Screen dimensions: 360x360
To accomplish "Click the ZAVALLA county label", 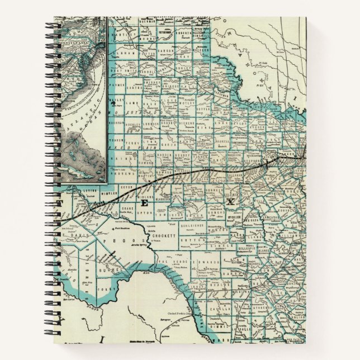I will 222,307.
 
